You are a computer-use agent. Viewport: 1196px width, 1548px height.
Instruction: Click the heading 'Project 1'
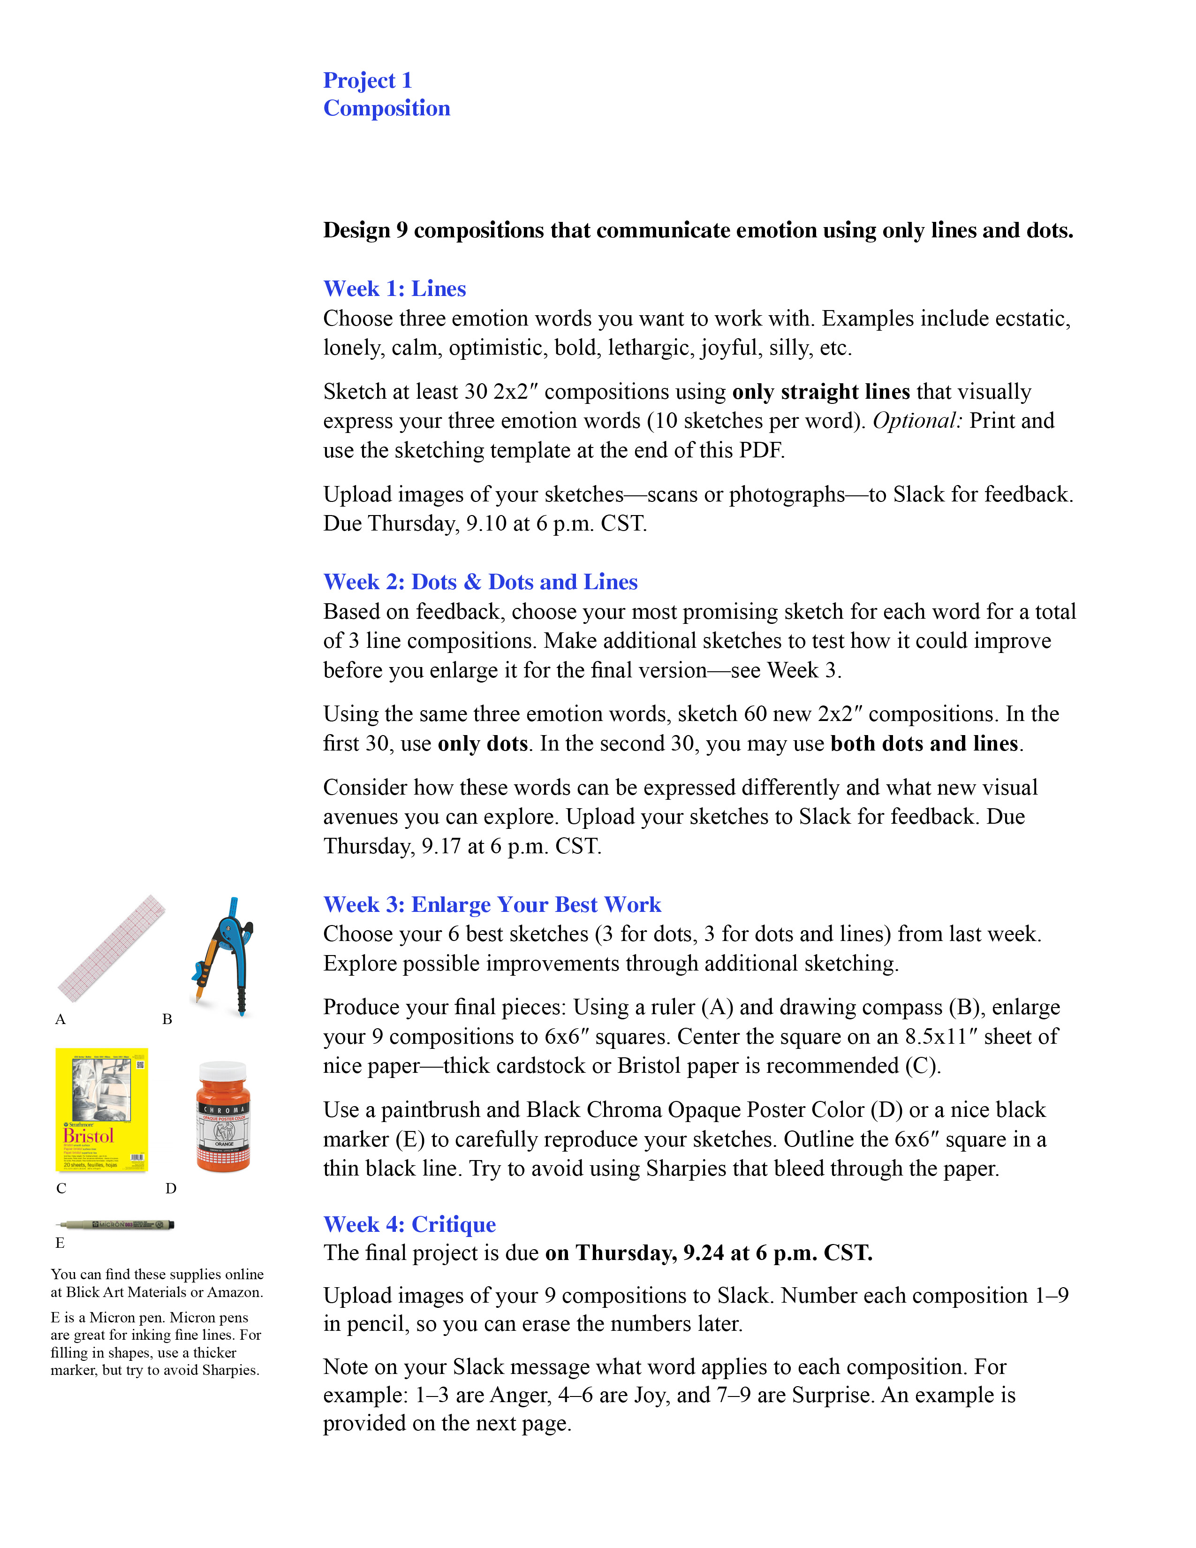point(367,80)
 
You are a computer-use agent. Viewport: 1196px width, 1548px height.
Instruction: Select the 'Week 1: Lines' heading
point(394,288)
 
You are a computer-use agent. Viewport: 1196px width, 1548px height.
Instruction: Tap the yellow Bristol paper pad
point(101,1109)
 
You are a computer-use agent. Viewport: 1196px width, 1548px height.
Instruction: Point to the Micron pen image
point(115,1224)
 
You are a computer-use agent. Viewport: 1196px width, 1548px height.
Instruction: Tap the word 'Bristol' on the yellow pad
point(89,1136)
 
